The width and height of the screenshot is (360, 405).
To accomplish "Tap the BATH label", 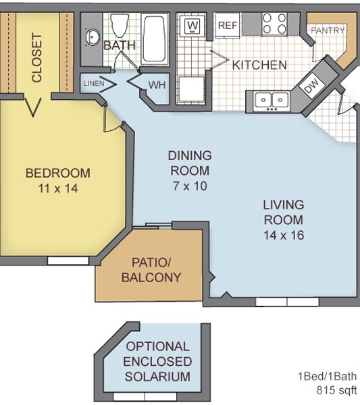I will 119,45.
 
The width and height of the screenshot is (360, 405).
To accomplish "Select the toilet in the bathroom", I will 120,26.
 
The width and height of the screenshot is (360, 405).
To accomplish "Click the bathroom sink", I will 92,36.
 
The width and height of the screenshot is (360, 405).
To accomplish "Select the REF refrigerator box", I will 226,26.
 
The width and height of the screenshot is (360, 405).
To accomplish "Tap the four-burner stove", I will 273,24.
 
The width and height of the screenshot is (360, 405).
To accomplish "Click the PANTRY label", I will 327,30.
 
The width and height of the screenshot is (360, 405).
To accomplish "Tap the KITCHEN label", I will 259,65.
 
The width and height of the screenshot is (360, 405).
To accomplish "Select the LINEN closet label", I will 93,83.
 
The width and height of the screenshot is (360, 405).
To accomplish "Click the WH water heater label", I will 157,84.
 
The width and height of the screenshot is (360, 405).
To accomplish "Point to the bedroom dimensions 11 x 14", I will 57,188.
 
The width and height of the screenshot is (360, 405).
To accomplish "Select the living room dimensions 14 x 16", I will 284,236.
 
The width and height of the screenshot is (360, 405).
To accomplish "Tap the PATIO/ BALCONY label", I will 151,270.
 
